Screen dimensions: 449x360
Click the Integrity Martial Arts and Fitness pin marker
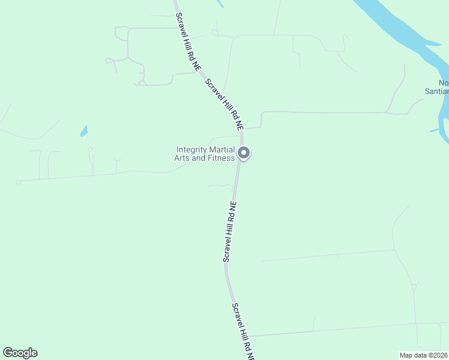coord(243,153)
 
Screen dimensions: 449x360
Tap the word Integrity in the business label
coord(190,150)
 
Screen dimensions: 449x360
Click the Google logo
coord(20,353)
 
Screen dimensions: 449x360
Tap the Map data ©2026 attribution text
coord(424,355)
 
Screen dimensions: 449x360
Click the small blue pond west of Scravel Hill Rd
coord(84,130)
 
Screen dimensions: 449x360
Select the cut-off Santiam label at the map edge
coord(436,91)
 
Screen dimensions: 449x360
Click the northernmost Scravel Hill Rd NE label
coord(187,40)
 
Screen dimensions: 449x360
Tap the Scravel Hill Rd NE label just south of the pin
coord(231,232)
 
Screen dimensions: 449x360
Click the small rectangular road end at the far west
coord(19,182)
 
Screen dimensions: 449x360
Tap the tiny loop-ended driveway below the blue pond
coord(90,149)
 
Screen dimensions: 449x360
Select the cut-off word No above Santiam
coord(443,83)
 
